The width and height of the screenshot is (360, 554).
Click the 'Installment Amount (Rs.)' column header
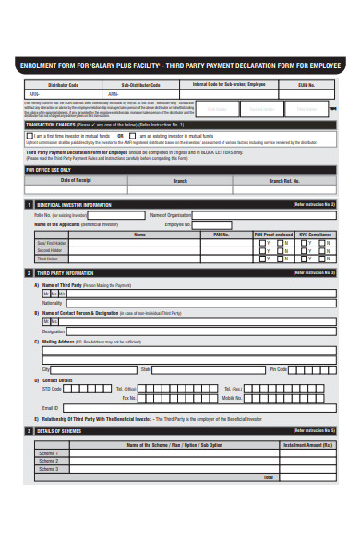coord(306,445)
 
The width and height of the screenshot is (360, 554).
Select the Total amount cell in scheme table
coord(306,477)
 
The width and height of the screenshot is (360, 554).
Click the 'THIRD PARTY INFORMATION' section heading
coord(65,273)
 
